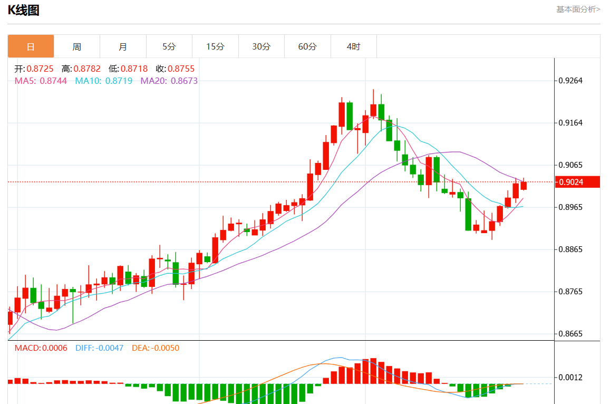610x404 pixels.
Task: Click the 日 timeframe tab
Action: pyautogui.click(x=31, y=46)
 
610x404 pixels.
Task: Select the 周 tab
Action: pyautogui.click(x=77, y=46)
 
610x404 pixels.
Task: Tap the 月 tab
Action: pyautogui.click(x=123, y=46)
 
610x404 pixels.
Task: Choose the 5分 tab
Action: pyautogui.click(x=169, y=46)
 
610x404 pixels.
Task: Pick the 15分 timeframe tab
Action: pyautogui.click(x=215, y=46)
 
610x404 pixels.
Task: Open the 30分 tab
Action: pyautogui.click(x=262, y=46)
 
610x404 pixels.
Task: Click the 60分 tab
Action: pyautogui.click(x=307, y=46)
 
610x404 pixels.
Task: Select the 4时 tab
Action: pyautogui.click(x=354, y=46)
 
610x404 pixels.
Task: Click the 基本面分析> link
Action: pyautogui.click(x=578, y=9)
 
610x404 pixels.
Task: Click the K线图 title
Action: pyautogui.click(x=24, y=10)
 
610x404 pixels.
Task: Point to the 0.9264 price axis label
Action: pyautogui.click(x=570, y=81)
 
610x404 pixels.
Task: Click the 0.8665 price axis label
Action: pyautogui.click(x=570, y=334)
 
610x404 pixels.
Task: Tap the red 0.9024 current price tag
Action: pyautogui.click(x=570, y=182)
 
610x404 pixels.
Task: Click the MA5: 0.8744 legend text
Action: pyautogui.click(x=41, y=81)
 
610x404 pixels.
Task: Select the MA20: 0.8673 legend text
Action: pyautogui.click(x=169, y=81)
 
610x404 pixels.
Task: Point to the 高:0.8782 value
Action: pyautogui.click(x=81, y=69)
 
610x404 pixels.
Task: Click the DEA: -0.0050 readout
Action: pyautogui.click(x=156, y=348)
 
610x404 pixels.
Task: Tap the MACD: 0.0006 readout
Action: pyautogui.click(x=41, y=348)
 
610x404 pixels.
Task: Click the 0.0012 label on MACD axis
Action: pyautogui.click(x=570, y=377)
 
